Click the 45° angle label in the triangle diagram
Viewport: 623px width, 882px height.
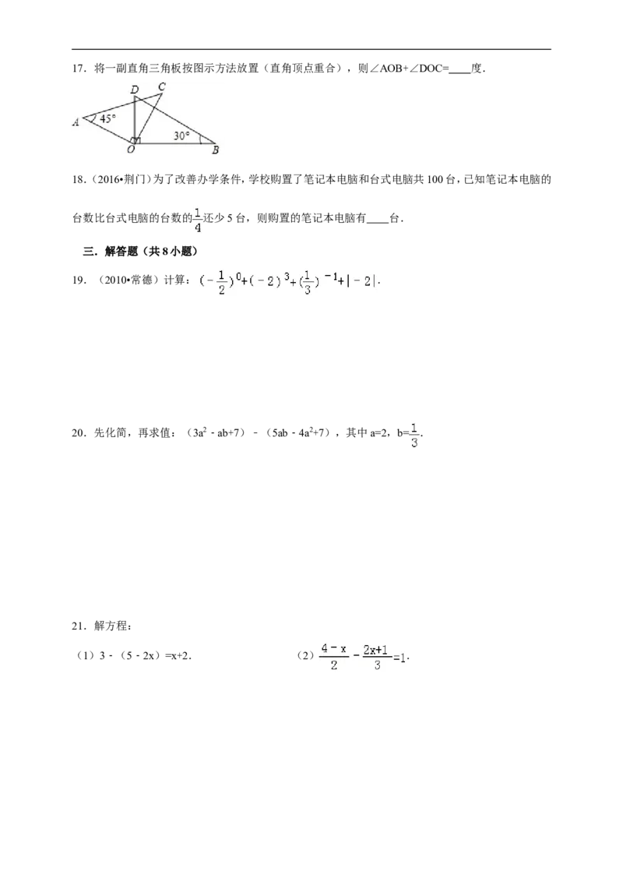(x=107, y=118)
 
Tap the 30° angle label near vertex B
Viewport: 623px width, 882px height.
(x=181, y=136)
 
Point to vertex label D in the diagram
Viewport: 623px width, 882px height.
(x=135, y=90)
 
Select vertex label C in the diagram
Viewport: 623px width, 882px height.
(x=161, y=86)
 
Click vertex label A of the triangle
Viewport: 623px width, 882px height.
(x=76, y=122)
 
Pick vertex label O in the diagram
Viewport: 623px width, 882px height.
(x=131, y=149)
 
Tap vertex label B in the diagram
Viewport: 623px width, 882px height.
(x=215, y=150)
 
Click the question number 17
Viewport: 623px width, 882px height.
(x=78, y=69)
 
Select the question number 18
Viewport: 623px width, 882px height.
(x=78, y=180)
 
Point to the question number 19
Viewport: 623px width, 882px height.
(x=78, y=280)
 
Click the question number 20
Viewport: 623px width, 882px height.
(x=78, y=432)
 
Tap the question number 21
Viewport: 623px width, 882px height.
(x=78, y=626)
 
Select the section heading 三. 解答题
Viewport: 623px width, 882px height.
(x=140, y=252)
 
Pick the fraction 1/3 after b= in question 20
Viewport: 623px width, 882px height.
(x=414, y=435)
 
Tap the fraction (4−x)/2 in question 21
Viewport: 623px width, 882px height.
(x=334, y=657)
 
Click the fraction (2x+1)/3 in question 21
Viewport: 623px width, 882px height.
(x=376, y=657)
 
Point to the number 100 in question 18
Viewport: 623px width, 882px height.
(x=435, y=180)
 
